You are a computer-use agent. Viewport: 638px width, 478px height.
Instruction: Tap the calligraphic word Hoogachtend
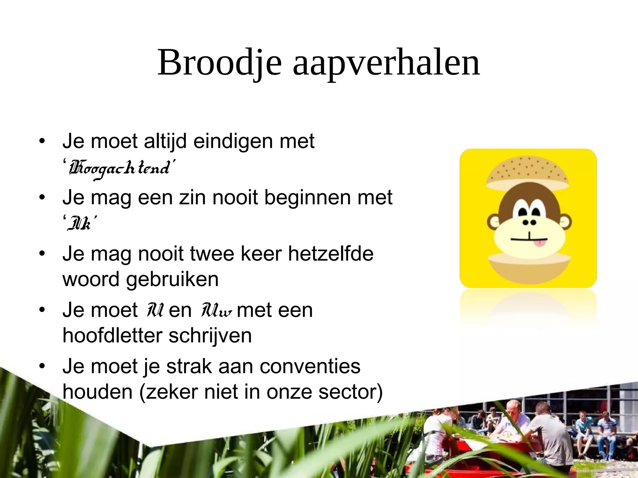[120, 168]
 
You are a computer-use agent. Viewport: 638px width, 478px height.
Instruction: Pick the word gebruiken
[172, 279]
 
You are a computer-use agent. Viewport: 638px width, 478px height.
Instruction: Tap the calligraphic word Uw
[217, 310]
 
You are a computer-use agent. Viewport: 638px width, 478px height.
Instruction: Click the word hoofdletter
[112, 335]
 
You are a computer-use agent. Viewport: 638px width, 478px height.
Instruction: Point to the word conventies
[310, 366]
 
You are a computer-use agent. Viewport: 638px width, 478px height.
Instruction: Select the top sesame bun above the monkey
[527, 173]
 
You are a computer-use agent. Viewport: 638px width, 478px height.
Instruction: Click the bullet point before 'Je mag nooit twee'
[42, 253]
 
